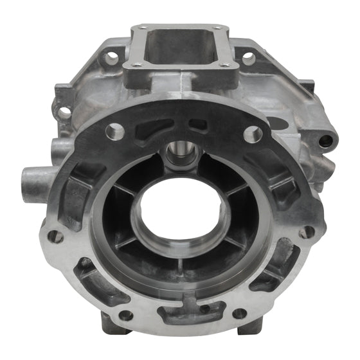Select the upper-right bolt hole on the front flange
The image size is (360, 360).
coord(252,134)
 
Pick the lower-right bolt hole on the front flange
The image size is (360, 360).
coord(239,314)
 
